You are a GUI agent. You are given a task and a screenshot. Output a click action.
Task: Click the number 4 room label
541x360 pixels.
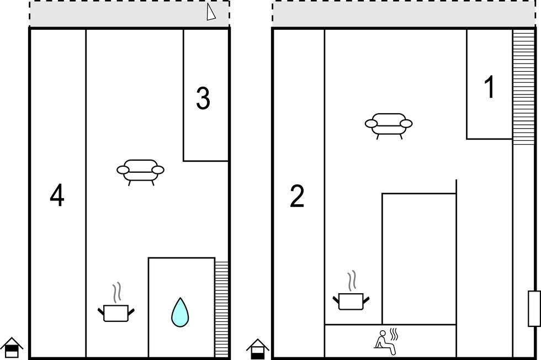[57, 195]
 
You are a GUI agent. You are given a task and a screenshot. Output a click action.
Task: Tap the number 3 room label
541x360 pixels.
[203, 98]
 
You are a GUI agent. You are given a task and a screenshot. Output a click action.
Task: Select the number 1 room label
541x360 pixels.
[490, 87]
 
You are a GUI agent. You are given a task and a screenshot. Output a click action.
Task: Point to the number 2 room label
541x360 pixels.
[297, 196]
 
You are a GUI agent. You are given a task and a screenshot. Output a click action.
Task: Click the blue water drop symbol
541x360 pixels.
[180, 312]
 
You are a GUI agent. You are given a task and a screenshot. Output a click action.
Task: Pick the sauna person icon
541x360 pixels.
[384, 342]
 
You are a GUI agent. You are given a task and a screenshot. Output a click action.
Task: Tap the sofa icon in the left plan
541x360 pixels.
[140, 172]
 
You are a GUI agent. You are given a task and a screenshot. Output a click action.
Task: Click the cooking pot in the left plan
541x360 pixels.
[116, 313]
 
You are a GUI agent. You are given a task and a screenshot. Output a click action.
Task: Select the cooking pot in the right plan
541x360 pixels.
[351, 301]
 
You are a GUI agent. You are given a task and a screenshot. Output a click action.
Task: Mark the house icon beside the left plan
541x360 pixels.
[12, 347]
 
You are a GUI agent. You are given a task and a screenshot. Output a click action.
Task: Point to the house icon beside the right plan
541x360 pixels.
[257, 349]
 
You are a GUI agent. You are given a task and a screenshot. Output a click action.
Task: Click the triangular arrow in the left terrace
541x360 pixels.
[211, 12]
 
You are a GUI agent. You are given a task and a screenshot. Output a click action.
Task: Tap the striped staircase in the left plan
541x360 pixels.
[221, 309]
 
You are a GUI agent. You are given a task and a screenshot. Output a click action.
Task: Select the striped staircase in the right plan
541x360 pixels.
[523, 87]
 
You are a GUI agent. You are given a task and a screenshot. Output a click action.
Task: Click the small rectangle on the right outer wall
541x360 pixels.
[534, 309]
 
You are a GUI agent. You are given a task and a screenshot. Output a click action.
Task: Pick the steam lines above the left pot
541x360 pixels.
[117, 292]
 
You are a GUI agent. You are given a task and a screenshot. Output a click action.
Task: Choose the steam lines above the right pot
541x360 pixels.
[352, 280]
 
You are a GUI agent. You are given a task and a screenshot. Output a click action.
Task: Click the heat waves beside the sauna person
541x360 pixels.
[394, 335]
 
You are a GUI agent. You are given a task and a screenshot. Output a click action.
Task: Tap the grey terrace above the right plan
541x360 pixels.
[404, 14]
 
